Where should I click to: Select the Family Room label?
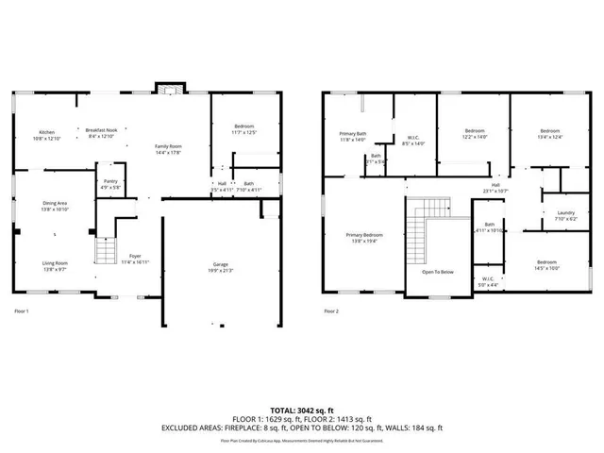[169, 147]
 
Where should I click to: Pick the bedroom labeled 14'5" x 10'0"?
[547, 263]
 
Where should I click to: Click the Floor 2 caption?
[330, 310]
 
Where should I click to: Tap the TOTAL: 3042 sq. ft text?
[302, 411]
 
